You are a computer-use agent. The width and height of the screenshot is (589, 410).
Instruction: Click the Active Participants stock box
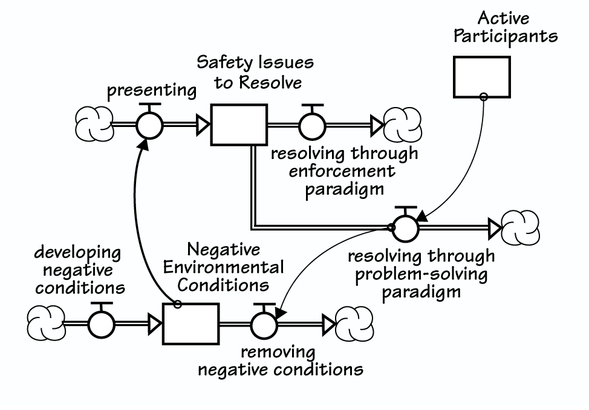coord(482,77)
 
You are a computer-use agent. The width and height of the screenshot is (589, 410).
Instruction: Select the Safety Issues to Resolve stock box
coord(238,125)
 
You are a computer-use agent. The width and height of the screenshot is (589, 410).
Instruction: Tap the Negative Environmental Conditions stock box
coord(191,324)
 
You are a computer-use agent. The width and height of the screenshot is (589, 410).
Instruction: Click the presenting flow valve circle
coord(149,125)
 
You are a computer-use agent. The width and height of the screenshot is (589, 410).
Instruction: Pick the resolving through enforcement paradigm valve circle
coord(311,125)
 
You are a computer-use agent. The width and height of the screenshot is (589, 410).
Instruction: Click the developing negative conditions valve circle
coord(101,324)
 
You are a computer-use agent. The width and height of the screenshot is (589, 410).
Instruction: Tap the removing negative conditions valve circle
coord(262,324)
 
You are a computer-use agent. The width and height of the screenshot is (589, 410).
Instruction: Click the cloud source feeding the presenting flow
coord(94,125)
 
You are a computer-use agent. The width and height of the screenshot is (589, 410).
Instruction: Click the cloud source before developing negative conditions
coord(46,324)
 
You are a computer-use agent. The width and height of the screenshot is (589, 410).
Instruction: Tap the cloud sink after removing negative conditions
coord(354,324)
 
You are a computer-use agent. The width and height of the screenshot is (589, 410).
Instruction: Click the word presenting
coord(151,91)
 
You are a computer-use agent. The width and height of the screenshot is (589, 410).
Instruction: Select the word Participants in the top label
coord(506,36)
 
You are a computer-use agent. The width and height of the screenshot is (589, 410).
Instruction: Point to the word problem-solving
coord(421,274)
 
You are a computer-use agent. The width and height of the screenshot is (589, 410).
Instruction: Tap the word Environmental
coord(223,267)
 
